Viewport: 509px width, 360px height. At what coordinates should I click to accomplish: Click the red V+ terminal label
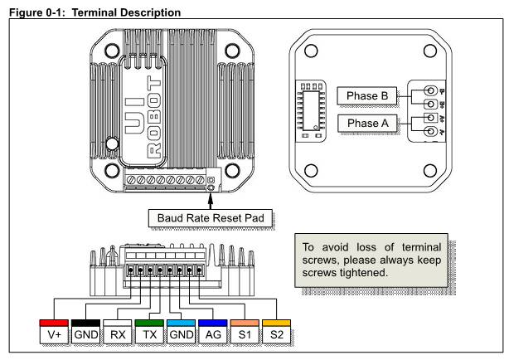53,333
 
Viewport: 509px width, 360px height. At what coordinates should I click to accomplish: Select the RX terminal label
116,333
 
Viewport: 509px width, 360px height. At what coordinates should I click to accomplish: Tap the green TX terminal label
148,333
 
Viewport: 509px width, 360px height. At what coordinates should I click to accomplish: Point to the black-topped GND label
85,333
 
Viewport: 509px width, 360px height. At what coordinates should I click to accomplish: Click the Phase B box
366,95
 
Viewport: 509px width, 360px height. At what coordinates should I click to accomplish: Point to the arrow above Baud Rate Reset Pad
210,199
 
